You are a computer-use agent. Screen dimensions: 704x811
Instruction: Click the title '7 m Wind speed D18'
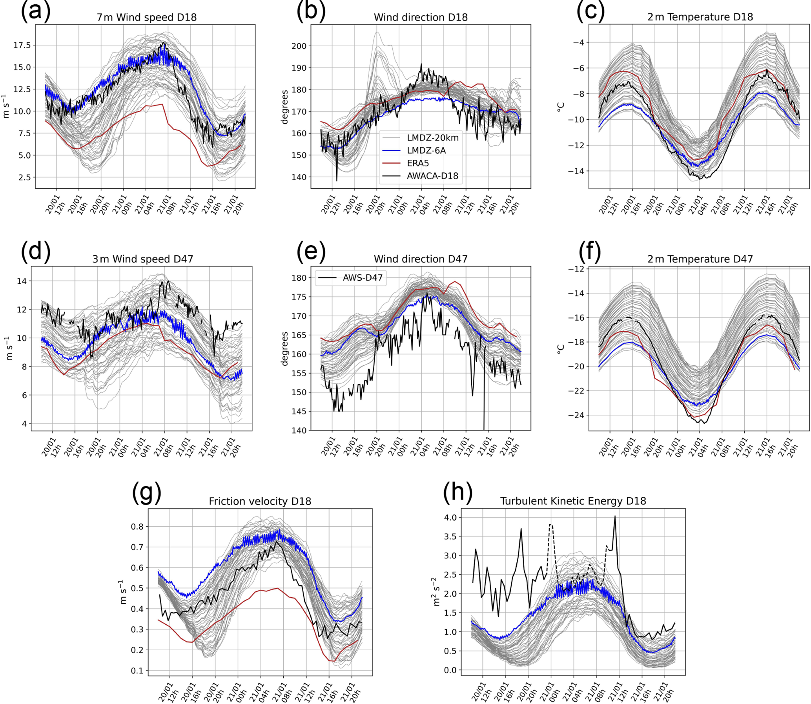click(x=146, y=17)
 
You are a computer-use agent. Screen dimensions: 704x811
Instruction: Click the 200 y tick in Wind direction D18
click(x=299, y=46)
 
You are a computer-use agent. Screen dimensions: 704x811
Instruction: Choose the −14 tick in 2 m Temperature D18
click(x=575, y=171)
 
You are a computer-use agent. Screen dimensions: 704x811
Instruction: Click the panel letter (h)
click(x=457, y=492)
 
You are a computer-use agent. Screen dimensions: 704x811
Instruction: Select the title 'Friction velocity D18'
click(x=260, y=502)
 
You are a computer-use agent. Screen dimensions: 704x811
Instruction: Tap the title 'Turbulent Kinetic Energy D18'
click(x=573, y=501)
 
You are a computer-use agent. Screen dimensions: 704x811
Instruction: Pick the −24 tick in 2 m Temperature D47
click(x=575, y=415)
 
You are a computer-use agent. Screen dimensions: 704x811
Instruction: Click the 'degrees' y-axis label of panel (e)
click(x=285, y=348)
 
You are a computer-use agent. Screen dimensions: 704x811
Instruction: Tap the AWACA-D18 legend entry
click(x=432, y=176)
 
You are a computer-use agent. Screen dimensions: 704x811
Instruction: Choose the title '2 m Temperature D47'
click(x=700, y=259)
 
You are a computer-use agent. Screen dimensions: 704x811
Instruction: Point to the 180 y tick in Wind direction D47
click(x=299, y=278)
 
